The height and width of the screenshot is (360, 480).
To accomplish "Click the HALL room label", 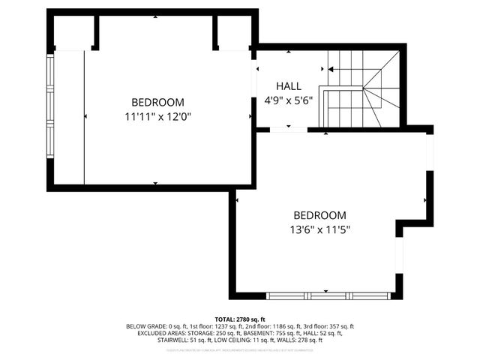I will [x=289, y=85].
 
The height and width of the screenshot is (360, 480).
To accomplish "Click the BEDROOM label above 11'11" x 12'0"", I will [x=157, y=102].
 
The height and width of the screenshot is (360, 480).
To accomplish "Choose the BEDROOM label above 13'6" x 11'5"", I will [x=319, y=214].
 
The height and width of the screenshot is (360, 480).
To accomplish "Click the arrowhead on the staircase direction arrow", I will [x=331, y=68].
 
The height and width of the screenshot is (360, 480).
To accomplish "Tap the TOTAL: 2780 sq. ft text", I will [x=240, y=319].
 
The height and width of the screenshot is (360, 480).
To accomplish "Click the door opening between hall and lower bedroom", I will [x=289, y=130].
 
